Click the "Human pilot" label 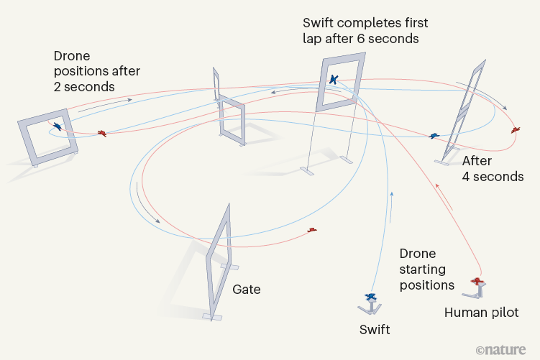coord(481,313)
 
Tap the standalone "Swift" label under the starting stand coord(375,330)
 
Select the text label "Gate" coord(246,290)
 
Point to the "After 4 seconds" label coord(493,168)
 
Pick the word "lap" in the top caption coord(312,40)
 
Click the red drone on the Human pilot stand coord(477,280)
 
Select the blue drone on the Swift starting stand coord(371,296)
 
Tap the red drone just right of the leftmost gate coord(103,133)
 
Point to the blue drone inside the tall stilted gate coord(334,80)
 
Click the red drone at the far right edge coord(516,130)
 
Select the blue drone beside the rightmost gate coord(434,136)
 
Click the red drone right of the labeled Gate coord(312,230)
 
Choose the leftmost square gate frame coord(47,137)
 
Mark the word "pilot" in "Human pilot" coord(503,313)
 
